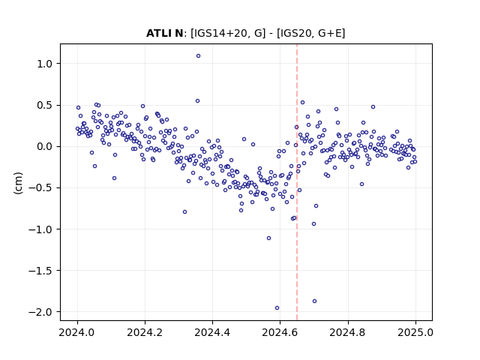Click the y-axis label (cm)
[x=18, y=183]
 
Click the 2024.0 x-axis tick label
[x=77, y=332]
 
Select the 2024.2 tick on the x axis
[x=145, y=332]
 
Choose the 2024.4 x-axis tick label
[x=213, y=332]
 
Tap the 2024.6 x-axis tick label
[x=280, y=332]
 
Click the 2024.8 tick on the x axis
[x=348, y=332]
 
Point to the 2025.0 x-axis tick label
[x=415, y=332]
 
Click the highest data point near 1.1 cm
[x=198, y=56]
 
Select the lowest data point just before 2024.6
[x=277, y=308]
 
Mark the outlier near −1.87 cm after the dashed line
[x=314, y=301]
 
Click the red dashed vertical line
[x=297, y=182]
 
